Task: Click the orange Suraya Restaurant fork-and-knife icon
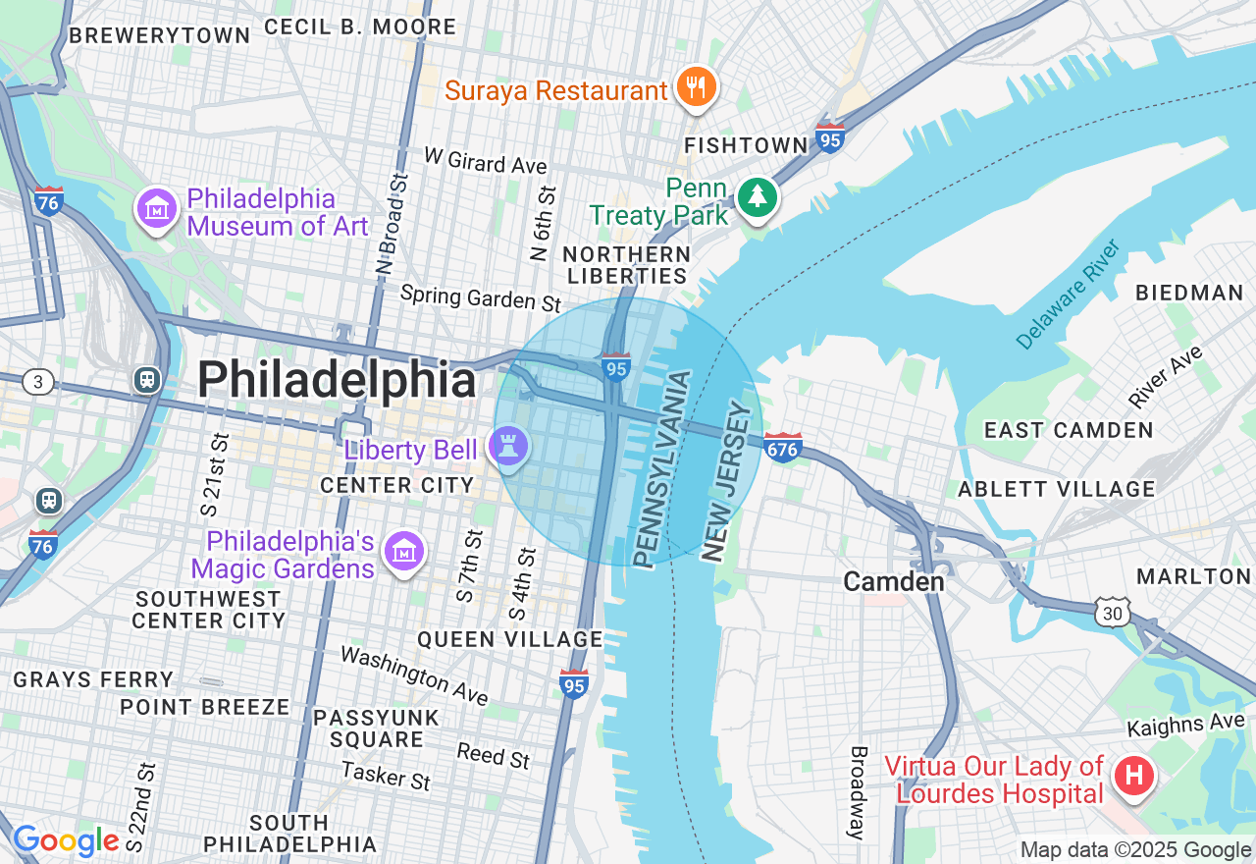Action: (697, 87)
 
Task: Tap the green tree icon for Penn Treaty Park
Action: (757, 198)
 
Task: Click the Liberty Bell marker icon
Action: (508, 448)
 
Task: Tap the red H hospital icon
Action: (1133, 777)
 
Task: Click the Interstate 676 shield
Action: (782, 448)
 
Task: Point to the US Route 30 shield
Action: (1114, 612)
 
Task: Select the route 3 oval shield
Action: (37, 382)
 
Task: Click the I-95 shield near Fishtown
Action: (829, 138)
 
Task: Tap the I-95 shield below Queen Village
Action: (574, 684)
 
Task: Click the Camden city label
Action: (894, 581)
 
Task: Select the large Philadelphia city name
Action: (337, 381)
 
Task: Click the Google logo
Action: (66, 841)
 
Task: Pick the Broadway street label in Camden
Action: (859, 792)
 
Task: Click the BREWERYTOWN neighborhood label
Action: (159, 35)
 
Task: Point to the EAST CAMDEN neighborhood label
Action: (1069, 430)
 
